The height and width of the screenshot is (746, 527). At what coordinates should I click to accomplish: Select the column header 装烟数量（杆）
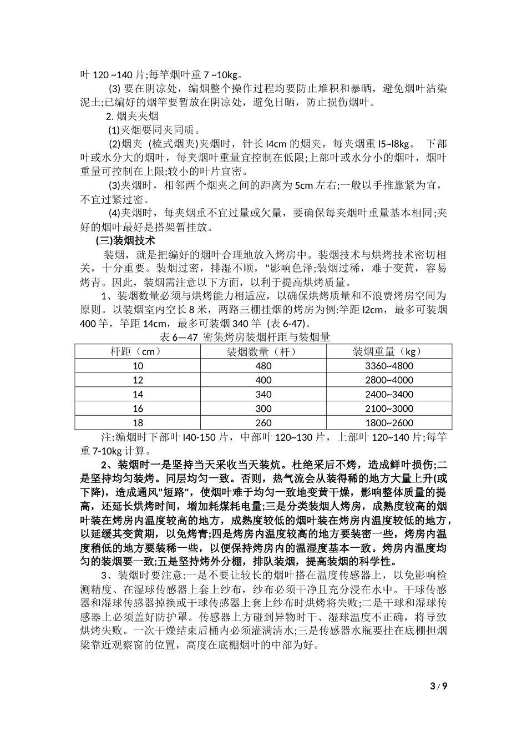click(x=263, y=351)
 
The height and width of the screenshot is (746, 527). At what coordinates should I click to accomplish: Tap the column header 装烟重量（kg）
click(x=389, y=351)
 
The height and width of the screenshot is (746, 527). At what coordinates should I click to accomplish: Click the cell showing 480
click(x=263, y=366)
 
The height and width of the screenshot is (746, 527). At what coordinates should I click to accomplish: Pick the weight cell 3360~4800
click(x=389, y=366)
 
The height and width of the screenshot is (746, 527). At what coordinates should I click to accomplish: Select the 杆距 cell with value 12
click(x=138, y=380)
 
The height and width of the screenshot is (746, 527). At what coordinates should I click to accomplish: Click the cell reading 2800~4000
click(x=389, y=380)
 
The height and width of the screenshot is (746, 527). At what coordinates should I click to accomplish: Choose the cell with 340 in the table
click(x=263, y=394)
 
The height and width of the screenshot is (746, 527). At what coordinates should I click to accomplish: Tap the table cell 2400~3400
click(x=389, y=394)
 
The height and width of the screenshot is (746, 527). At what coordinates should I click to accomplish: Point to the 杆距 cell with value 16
click(x=138, y=409)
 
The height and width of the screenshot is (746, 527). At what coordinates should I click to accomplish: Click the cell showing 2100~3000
click(x=389, y=409)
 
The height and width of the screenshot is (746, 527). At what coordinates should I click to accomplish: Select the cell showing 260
click(x=263, y=423)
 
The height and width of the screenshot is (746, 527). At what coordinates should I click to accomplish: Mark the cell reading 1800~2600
click(x=389, y=423)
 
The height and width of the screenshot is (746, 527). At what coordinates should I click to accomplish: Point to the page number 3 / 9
click(x=438, y=685)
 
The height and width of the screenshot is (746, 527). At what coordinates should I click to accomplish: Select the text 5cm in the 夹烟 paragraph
click(x=304, y=185)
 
